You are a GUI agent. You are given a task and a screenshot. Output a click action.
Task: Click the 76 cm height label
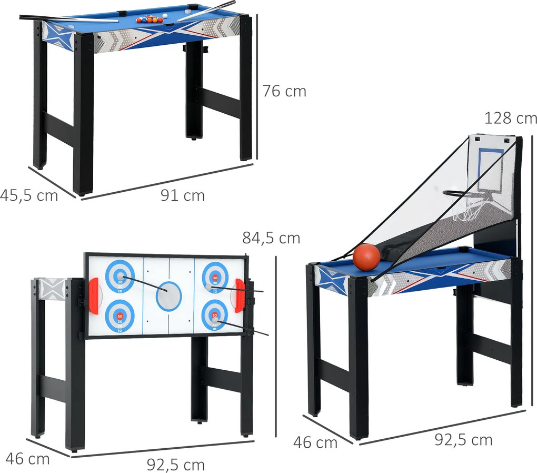(284, 91)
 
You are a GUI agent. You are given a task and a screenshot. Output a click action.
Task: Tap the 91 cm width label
(183, 195)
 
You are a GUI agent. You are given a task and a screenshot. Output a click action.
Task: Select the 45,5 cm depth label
(29, 196)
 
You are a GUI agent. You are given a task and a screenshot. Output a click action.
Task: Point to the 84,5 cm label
(271, 238)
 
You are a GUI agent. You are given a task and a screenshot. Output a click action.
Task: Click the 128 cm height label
(511, 118)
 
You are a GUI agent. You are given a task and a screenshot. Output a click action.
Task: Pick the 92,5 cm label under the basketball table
(463, 440)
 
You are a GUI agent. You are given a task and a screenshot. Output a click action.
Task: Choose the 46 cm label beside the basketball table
(315, 442)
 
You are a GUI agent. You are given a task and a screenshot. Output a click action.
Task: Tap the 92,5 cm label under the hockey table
(176, 465)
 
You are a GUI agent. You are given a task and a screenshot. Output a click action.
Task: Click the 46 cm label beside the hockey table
(28, 459)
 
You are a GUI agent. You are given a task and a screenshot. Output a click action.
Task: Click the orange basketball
(366, 256)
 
